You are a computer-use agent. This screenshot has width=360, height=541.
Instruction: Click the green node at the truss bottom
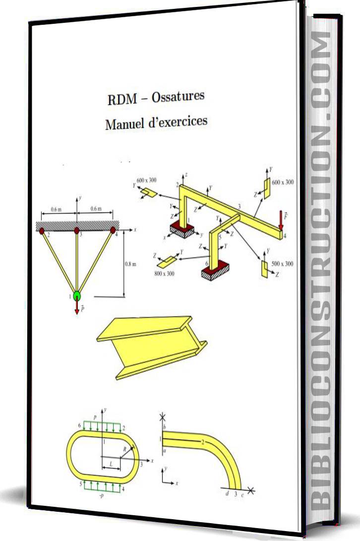point(77,295)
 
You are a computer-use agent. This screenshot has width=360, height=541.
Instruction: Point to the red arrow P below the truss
point(77,308)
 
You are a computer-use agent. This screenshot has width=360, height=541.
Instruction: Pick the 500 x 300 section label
point(283,264)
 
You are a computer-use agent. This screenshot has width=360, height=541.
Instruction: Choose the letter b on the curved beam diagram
point(164,427)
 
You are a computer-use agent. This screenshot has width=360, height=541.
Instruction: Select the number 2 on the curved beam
point(202,442)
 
